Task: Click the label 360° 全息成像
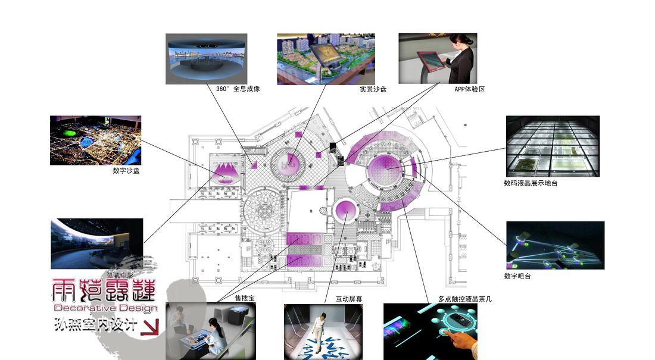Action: tap(238, 89)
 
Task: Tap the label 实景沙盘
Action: tap(373, 89)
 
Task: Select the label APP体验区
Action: tap(469, 89)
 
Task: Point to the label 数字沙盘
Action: tap(126, 171)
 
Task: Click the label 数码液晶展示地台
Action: tap(531, 183)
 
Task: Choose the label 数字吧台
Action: tap(517, 276)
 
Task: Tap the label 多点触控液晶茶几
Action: tap(464, 299)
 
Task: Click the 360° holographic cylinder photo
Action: tap(206, 58)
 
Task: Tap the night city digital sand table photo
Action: tap(95, 140)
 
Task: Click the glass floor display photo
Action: tap(552, 146)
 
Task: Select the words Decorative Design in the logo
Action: tap(105, 308)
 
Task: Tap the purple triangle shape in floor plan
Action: tap(227, 171)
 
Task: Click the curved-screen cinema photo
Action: tap(96, 243)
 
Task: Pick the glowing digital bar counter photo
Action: tap(555, 245)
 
